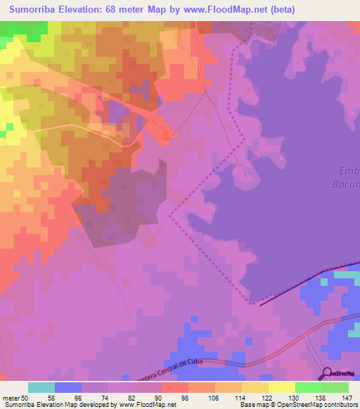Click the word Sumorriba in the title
click(x=35, y=9)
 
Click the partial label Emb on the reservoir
click(x=349, y=171)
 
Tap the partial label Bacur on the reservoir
click(x=345, y=185)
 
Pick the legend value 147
click(x=346, y=398)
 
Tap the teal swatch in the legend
click(x=41, y=387)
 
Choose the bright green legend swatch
click(x=308, y=387)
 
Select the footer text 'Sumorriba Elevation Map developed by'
click(x=60, y=405)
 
